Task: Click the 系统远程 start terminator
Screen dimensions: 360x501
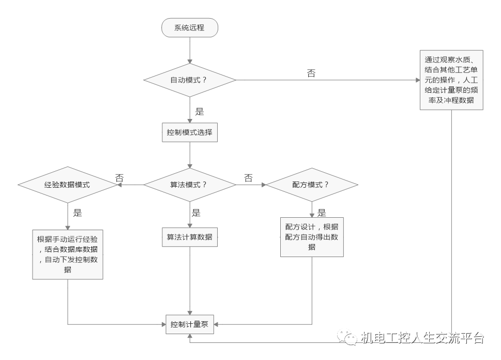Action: tap(190, 28)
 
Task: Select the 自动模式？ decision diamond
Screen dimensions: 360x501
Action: tap(190, 80)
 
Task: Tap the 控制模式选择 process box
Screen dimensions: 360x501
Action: tap(190, 132)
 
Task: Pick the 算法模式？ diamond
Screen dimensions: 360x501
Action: tap(190, 185)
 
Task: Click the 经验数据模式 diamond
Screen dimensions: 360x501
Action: tap(68, 185)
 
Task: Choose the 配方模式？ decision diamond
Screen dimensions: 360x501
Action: tap(312, 185)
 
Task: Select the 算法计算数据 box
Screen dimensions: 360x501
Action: tap(190, 237)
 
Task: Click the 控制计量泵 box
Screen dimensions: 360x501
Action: tap(190, 324)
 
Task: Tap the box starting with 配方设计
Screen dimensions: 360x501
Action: tap(312, 236)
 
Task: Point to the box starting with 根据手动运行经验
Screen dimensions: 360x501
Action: tap(68, 254)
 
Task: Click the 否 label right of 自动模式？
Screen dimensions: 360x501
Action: tap(311, 73)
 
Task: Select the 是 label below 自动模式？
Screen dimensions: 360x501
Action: tap(200, 111)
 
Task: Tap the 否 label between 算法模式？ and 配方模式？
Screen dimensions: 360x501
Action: tap(248, 178)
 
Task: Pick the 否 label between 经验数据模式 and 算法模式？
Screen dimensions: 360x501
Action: tap(120, 177)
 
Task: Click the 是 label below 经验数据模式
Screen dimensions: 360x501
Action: tap(78, 212)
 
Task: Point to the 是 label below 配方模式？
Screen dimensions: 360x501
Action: tap(322, 212)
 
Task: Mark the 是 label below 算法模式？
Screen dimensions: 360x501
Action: tap(196, 212)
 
